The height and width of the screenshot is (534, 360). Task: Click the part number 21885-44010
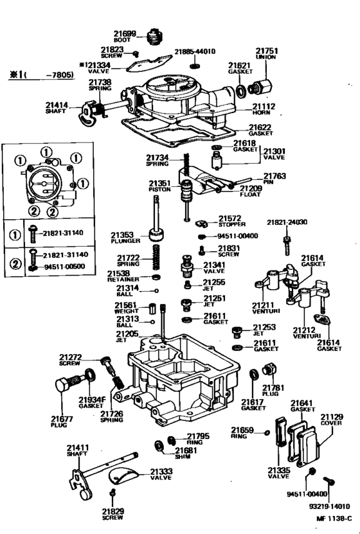click(195, 51)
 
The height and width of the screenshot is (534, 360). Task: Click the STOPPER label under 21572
click(228, 226)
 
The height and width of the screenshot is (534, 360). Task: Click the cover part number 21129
click(332, 417)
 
